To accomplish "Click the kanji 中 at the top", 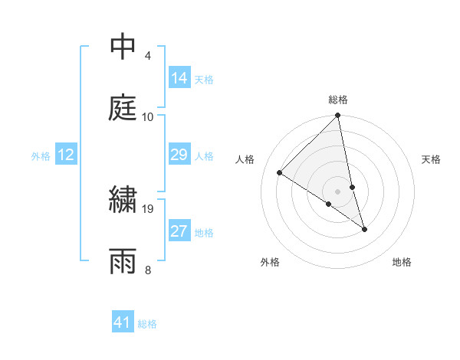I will (123, 47).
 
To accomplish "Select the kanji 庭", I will (123, 107).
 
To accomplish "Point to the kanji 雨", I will (123, 260).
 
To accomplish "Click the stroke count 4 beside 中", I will (148, 56).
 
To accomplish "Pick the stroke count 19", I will (148, 208).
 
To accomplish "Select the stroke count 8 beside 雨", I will (148, 270).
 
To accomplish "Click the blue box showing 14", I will (179, 77).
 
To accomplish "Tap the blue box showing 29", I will (179, 155).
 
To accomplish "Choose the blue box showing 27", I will (179, 231).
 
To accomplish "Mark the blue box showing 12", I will (66, 155).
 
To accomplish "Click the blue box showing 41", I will (123, 322).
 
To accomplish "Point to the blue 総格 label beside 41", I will (147, 324).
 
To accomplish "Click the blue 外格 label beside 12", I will (41, 156).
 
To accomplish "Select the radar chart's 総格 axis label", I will (338, 100).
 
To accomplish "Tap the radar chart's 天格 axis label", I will (431, 159).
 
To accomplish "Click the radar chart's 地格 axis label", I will (402, 262).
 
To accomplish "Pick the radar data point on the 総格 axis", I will (338, 116).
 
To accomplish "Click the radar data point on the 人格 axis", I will (280, 172).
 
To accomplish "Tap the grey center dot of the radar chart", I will (338, 191).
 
